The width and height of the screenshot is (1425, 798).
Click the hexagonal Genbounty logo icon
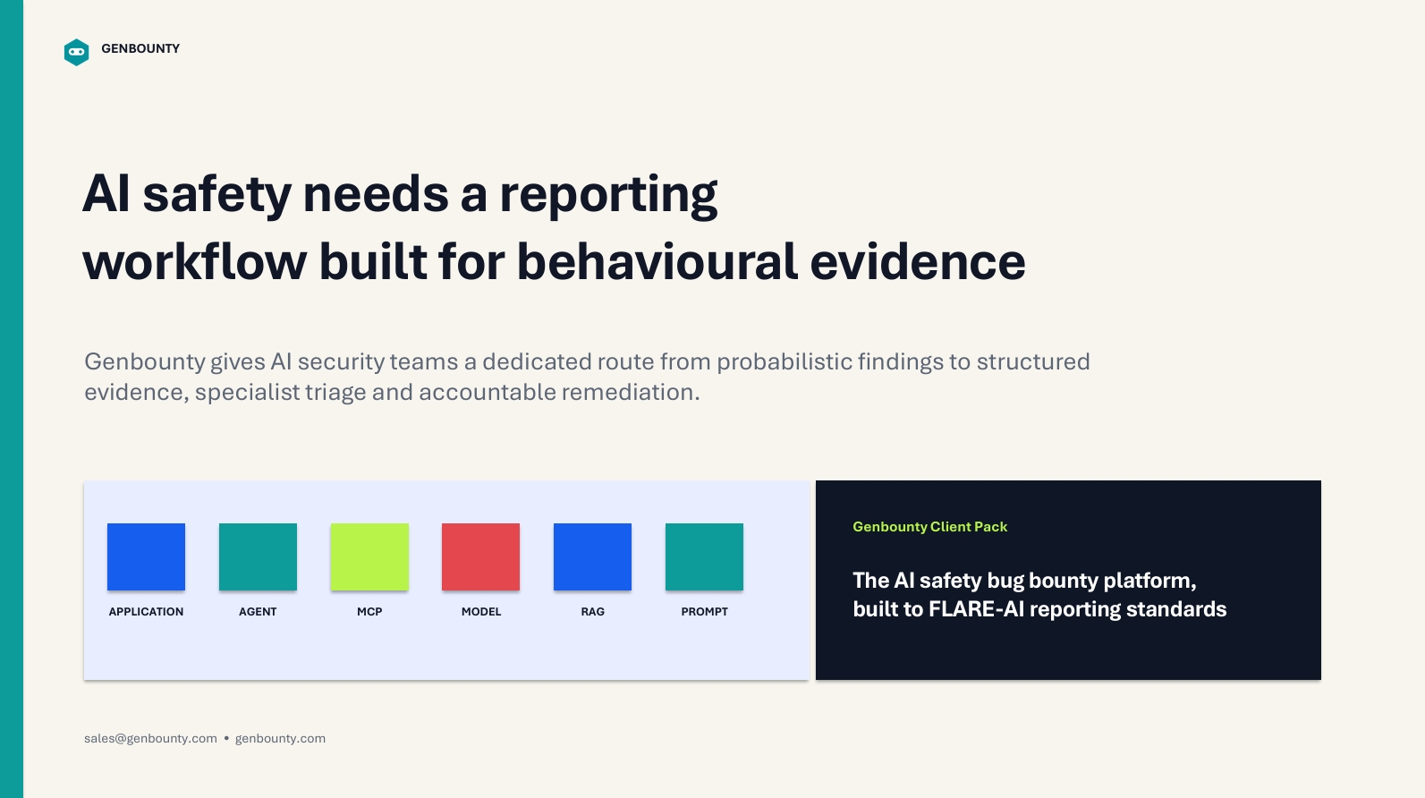(76, 52)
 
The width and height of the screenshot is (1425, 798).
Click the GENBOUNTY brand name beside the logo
(140, 49)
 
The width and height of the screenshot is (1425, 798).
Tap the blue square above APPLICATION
(147, 556)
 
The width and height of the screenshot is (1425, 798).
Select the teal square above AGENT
(258, 556)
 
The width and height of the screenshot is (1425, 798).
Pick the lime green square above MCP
(369, 556)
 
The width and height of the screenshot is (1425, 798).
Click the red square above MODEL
(481, 556)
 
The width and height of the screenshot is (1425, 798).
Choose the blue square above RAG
(592, 556)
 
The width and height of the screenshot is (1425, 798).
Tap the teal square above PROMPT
(704, 556)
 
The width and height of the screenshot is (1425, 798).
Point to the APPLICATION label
(147, 612)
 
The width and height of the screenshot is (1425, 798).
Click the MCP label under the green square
(369, 612)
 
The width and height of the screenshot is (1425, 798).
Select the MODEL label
(481, 612)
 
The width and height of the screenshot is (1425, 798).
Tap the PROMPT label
(704, 612)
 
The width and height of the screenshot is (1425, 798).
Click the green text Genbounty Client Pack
(930, 527)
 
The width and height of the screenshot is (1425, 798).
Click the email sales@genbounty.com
(151, 738)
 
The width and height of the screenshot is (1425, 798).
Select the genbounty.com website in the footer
(280, 738)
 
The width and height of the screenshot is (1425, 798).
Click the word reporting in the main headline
(609, 196)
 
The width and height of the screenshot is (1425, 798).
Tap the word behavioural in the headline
(657, 261)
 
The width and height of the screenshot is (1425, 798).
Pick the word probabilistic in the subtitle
(785, 362)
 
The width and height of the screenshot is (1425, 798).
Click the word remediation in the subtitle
(631, 392)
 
